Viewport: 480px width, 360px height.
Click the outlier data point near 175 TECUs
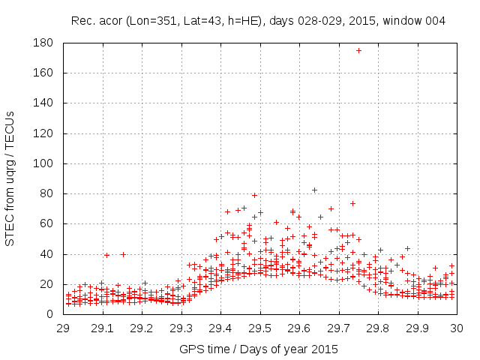(358, 51)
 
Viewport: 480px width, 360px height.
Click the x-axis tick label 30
(457, 328)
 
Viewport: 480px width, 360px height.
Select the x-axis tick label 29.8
(378, 328)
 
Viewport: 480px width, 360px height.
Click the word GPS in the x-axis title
(190, 349)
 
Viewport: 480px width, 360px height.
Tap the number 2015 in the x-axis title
(325, 349)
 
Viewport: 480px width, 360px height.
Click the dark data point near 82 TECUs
(315, 190)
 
